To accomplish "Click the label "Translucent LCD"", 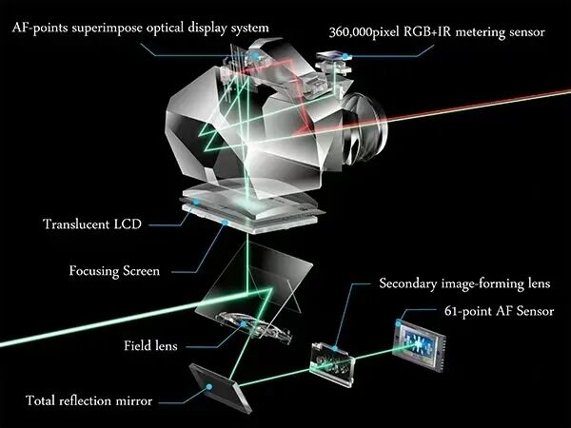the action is coord(92,224).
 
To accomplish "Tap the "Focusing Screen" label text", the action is coord(114,271).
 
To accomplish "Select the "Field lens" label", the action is coord(150,345).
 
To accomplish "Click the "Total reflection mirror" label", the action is coord(89,400).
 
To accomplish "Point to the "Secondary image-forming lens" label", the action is coord(464,283).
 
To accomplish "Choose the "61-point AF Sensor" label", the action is coord(499,311).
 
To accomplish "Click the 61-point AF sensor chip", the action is coord(421,344).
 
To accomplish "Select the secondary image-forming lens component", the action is coord(332,363).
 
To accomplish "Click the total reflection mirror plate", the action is coord(221,387).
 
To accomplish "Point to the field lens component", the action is coord(254,327).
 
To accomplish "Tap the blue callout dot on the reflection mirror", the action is coord(209,386).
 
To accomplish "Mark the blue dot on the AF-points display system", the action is coord(256,56).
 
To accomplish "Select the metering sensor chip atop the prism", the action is coord(330,56).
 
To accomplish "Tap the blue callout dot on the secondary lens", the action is coord(335,348).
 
